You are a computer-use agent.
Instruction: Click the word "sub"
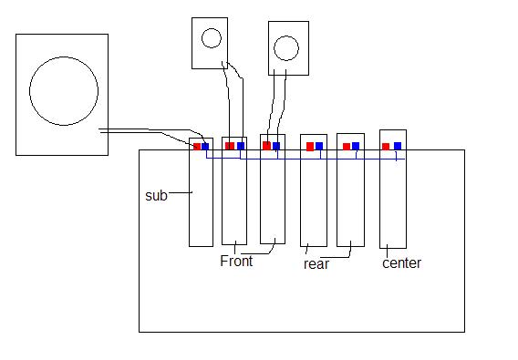(x=156, y=196)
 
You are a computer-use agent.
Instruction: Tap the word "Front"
(x=236, y=261)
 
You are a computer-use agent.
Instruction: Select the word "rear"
(x=316, y=264)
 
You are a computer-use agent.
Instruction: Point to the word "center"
(x=401, y=263)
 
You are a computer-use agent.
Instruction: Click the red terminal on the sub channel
(x=197, y=147)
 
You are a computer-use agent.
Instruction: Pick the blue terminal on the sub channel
(x=205, y=146)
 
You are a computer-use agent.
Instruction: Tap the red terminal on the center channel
(x=386, y=147)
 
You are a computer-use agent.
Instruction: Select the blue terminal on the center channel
(x=398, y=146)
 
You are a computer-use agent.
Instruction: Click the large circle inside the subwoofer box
(x=64, y=57)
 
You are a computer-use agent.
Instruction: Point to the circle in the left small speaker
(x=211, y=28)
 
